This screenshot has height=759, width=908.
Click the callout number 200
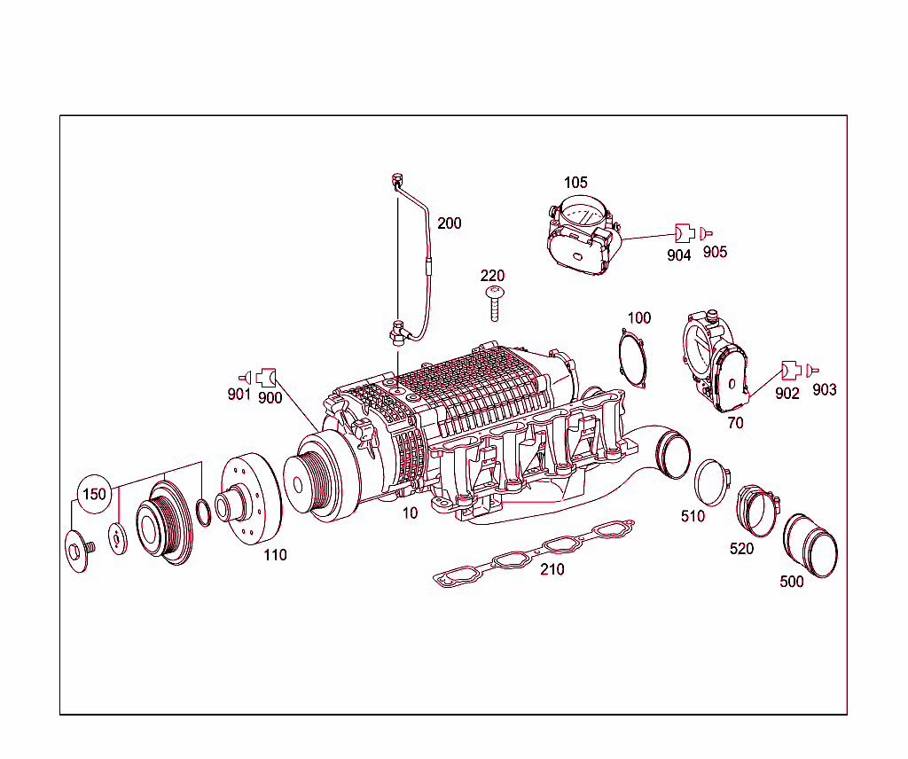449,223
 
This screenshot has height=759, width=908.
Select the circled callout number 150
93,494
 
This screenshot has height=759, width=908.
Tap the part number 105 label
575,183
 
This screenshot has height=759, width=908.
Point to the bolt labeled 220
494,303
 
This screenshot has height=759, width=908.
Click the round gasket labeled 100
632,358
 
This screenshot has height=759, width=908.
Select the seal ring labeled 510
711,482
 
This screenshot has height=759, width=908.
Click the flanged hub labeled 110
249,500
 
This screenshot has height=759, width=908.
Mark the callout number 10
409,513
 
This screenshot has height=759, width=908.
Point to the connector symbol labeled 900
267,378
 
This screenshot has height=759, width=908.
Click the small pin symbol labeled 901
244,377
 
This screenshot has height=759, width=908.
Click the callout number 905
715,253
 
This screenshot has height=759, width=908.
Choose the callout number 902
787,394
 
